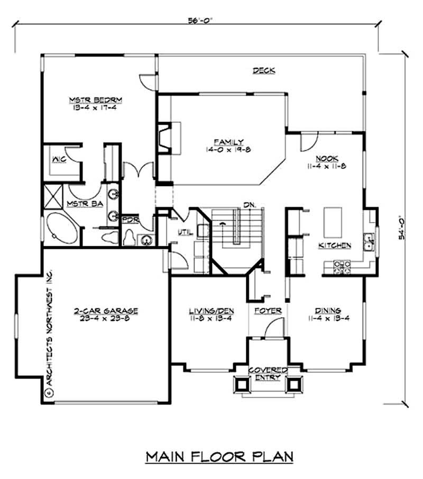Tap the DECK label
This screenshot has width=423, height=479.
click(263, 70)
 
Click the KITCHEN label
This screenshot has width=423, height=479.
click(335, 245)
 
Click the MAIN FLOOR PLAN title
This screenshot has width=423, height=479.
click(218, 456)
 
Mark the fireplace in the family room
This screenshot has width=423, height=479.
click(170, 138)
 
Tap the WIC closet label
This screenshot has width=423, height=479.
click(58, 159)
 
